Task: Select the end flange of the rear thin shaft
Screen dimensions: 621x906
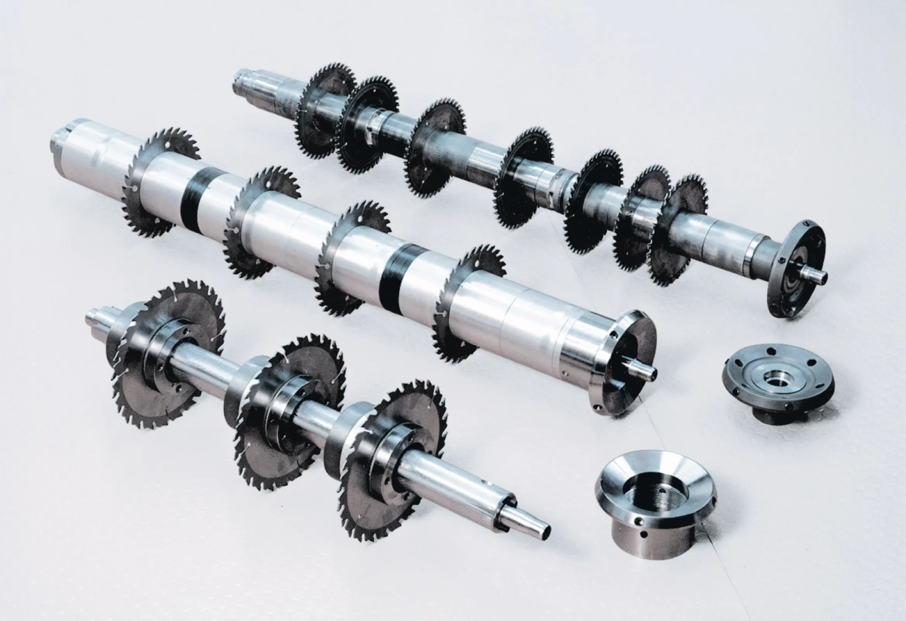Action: [x=795, y=269]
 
